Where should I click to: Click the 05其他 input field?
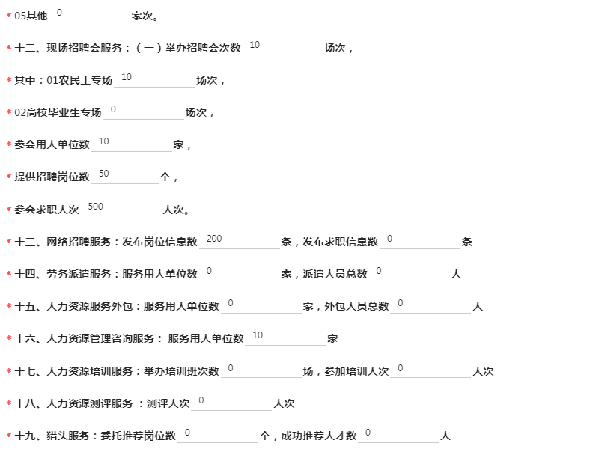(x=90, y=14)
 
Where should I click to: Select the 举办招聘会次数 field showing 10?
(x=282, y=47)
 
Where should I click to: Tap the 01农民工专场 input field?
(x=154, y=79)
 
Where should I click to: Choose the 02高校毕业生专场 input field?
(x=144, y=112)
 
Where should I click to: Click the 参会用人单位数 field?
(x=132, y=144)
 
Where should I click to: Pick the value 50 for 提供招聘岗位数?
(x=125, y=176)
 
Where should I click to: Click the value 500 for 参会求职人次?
(x=121, y=208)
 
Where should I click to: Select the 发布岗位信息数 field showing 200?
(x=240, y=241)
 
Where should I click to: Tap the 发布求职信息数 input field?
(x=420, y=241)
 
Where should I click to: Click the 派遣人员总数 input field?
(x=410, y=273)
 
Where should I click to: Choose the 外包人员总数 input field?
(x=431, y=305)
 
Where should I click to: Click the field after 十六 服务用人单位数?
(x=285, y=338)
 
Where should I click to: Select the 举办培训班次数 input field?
(x=261, y=370)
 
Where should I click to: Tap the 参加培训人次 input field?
(x=431, y=370)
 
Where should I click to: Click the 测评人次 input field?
(x=231, y=403)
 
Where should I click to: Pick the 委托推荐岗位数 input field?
(x=218, y=435)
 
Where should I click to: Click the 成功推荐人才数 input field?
(x=398, y=435)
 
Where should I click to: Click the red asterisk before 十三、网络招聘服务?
(x=9, y=241)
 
